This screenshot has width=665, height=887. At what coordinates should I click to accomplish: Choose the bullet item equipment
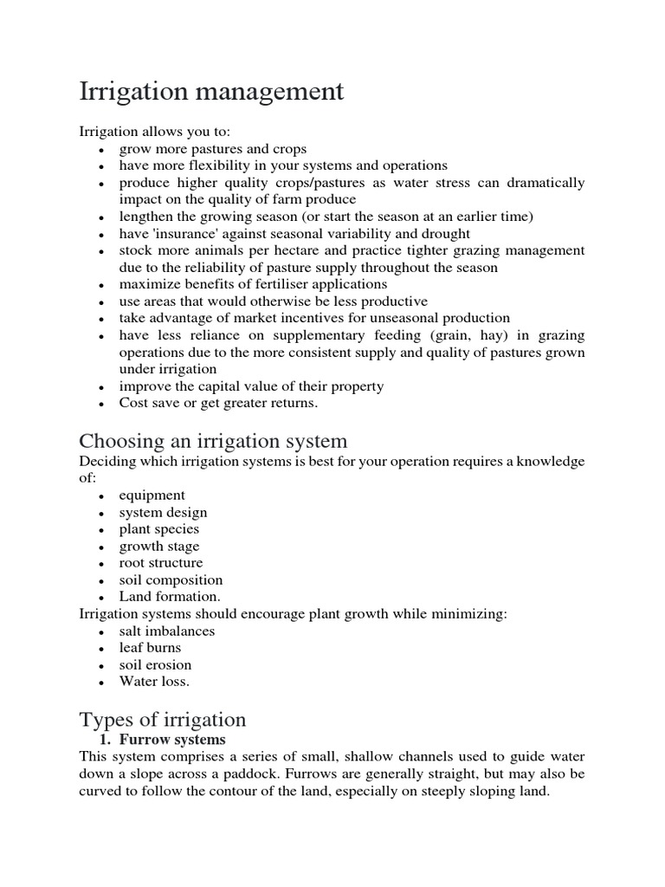pyautogui.click(x=152, y=495)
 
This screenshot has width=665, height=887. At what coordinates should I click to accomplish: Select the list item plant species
pyautogui.click(x=159, y=529)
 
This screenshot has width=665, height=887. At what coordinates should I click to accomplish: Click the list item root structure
pyautogui.click(x=161, y=563)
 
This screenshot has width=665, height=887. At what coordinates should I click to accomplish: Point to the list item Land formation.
pyautogui.click(x=170, y=597)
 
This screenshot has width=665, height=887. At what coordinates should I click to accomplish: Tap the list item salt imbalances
pyautogui.click(x=167, y=631)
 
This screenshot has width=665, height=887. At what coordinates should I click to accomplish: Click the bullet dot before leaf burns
pyautogui.click(x=101, y=649)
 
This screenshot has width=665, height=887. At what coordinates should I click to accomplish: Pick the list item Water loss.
pyautogui.click(x=154, y=682)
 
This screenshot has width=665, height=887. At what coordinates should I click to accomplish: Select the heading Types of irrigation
pyautogui.click(x=163, y=720)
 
